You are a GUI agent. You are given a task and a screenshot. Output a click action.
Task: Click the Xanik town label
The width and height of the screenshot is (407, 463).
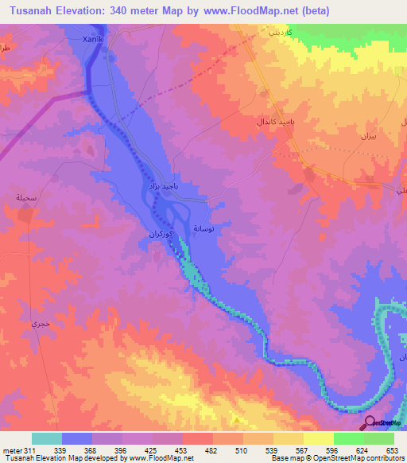point(93,38)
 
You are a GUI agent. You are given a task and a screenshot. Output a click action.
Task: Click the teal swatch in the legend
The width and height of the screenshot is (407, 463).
point(47,438)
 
